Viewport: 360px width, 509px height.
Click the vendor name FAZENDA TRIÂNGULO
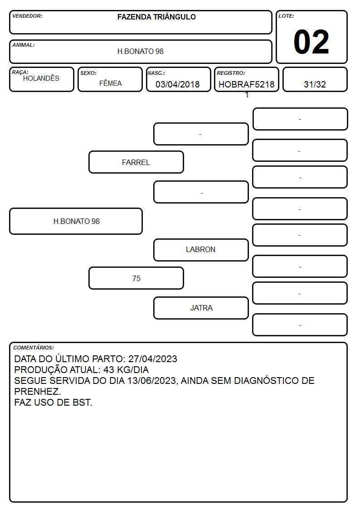156,17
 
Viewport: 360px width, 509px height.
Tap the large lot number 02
311,42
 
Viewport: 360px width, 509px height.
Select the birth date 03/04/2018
178,84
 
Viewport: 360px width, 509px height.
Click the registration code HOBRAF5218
246,84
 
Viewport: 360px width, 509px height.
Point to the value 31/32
315,84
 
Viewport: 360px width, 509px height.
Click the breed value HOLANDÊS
41,78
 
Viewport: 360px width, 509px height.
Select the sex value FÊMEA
110,83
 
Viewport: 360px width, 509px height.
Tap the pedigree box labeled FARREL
136,162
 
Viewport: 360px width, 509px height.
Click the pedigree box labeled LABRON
201,250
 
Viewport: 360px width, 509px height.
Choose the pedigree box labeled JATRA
201,308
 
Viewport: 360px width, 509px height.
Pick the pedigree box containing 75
136,278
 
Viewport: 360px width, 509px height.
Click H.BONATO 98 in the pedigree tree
76,221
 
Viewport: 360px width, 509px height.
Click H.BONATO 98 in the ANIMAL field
140,51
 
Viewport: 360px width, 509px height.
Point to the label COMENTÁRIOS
34,348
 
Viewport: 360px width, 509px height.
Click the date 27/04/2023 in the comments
153,359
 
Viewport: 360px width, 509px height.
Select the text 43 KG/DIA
126,370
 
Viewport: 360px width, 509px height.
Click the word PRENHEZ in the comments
37,392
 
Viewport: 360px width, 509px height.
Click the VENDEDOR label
27,16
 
